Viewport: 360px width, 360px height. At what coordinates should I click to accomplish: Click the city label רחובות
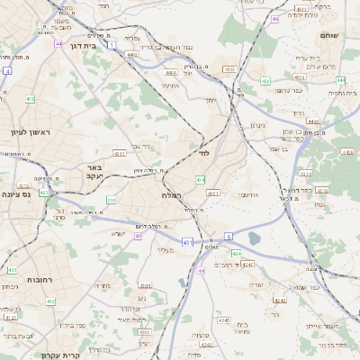(x=38, y=280)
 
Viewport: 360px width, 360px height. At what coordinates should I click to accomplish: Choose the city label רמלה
(x=172, y=195)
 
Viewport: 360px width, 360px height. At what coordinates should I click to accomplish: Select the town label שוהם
(x=329, y=35)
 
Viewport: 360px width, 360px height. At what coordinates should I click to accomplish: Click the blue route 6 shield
(x=229, y=237)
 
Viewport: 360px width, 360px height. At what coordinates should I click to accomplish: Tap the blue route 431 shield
(x=186, y=242)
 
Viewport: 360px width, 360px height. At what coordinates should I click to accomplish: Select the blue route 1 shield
(x=112, y=43)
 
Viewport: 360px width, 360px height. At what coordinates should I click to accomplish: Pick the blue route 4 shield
(x=6, y=69)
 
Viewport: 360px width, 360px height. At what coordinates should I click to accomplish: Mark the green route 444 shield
(x=338, y=79)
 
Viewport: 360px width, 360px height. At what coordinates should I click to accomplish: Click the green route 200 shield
(x=112, y=200)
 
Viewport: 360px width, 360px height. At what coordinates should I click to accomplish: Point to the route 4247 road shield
(x=247, y=265)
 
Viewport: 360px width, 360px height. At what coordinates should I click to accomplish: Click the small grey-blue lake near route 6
(x=254, y=238)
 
